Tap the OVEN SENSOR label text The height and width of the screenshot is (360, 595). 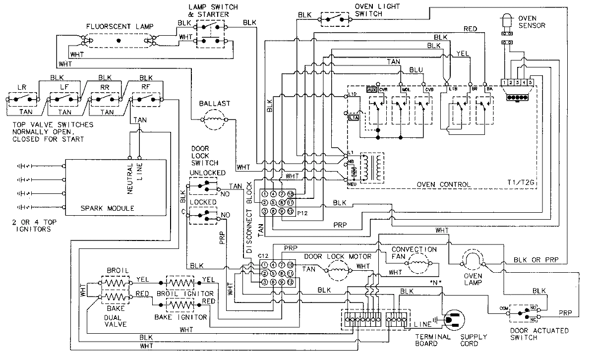[x=532, y=22]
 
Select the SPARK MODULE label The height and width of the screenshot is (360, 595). [x=107, y=209]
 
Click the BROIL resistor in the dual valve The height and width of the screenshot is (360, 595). [x=115, y=284]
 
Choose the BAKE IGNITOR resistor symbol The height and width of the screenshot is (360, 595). [x=180, y=303]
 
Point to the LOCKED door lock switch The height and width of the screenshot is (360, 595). [x=204, y=215]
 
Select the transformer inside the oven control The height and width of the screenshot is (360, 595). [x=372, y=167]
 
